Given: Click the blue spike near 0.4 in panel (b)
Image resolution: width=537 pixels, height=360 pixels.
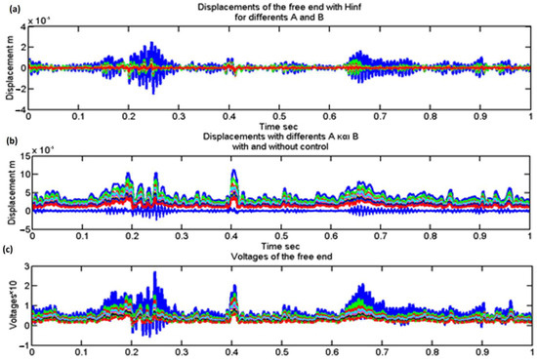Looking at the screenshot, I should pos(233,173).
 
